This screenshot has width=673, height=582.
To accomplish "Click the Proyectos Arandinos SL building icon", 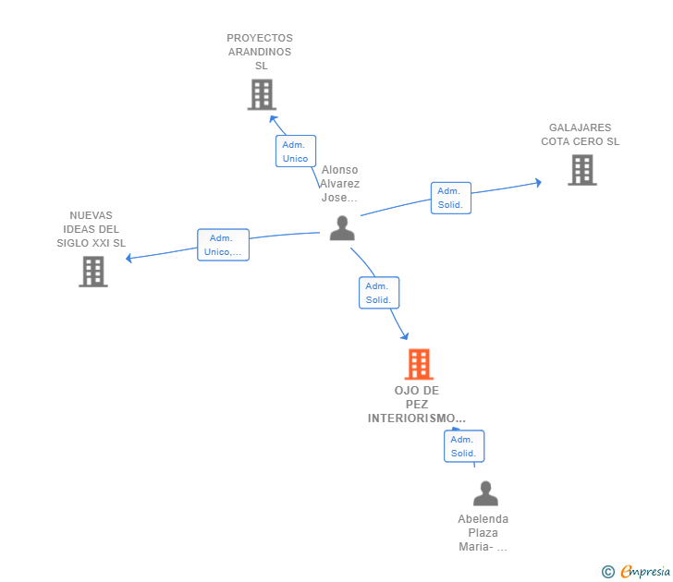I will pos(262,94).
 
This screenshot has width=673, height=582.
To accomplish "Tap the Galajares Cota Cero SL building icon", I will pos(581,170).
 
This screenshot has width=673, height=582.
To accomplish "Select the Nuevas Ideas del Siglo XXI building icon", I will pos(93,272).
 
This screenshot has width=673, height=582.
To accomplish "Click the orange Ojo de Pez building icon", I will pos(419,364).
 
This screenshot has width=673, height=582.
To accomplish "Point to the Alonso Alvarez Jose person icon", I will pos(342,228).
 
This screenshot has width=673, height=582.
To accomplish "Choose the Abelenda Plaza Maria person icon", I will pos(485,493).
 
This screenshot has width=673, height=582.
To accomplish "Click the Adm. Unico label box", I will pos(296,152).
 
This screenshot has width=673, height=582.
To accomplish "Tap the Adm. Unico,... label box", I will pos(224,245).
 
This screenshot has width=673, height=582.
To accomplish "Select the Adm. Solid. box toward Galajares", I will pos(450,198).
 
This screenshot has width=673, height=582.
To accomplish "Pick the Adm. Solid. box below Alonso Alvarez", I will pos(379,293).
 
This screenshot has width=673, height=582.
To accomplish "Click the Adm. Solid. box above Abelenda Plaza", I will pos(463,446).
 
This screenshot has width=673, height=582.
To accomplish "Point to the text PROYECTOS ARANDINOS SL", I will pos(260,52).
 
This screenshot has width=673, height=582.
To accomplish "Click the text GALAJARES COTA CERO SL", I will pos(581,135).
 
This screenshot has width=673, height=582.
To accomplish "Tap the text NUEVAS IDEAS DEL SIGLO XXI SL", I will pos(92,229).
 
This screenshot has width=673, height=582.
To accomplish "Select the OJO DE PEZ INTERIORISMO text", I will pos(417,405).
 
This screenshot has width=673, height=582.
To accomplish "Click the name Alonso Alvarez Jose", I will pos(339,184).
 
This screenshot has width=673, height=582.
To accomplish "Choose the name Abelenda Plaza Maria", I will pos(483,533).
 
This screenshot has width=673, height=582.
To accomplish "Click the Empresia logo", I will pos(645,572).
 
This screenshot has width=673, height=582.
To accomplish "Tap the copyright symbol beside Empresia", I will pos(608,572).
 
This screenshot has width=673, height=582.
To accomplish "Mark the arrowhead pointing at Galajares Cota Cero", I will pos(537,183).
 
